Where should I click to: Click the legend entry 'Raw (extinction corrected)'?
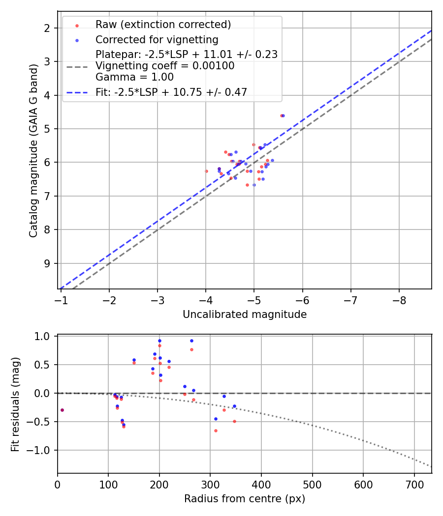pyautogui.click(x=163, y=25)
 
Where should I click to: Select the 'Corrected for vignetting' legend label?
pyautogui.click(x=157, y=39)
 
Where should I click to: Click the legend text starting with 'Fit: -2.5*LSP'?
pyautogui.click(x=171, y=91)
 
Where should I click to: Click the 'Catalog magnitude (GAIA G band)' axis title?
pyautogui.click(x=33, y=149)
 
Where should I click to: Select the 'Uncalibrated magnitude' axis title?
pyautogui.click(x=245, y=315)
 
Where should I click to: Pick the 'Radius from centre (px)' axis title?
pyautogui.click(x=245, y=499)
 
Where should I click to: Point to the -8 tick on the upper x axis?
pyautogui.click(x=399, y=300)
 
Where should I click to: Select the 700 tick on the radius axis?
pyautogui.click(x=414, y=484)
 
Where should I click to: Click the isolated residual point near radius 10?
pyautogui.click(x=62, y=410)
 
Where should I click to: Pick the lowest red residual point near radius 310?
pyautogui.click(x=216, y=430)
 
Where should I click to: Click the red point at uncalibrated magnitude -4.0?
pyautogui.click(x=206, y=171)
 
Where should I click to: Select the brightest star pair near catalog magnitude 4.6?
pyautogui.click(x=282, y=115)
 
